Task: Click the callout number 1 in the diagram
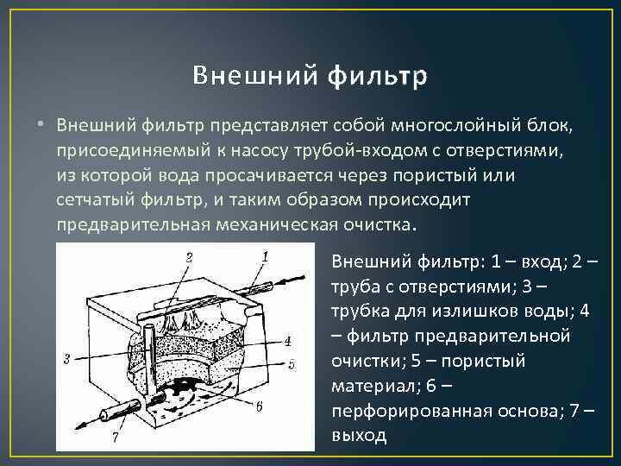pos(264,255)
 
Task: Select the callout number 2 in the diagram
pos(189,256)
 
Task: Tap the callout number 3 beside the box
pos(67,358)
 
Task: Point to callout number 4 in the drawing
pos(286,339)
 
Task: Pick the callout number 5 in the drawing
pos(292,364)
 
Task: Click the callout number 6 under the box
pos(259,406)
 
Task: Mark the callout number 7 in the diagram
pos(116,438)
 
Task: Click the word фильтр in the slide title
pos(378,77)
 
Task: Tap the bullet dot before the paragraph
pos(40,127)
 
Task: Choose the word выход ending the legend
pos(360,436)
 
